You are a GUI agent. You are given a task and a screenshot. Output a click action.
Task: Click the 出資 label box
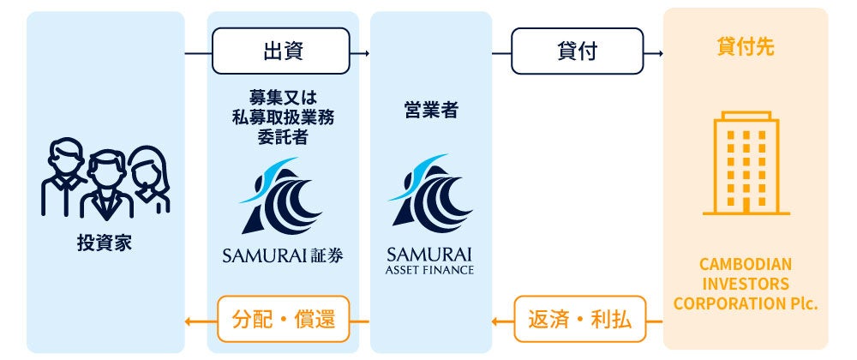pos(281,51)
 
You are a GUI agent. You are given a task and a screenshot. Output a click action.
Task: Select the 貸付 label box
pos(577,51)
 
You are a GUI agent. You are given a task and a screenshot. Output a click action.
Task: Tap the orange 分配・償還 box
pos(283,321)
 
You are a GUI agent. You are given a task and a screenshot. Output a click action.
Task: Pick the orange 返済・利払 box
pos(578,321)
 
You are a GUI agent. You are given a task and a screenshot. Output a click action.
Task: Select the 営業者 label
pos(430,110)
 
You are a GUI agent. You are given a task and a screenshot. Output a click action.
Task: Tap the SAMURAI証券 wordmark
pos(282,255)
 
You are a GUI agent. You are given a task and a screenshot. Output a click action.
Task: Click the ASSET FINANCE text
pos(430,269)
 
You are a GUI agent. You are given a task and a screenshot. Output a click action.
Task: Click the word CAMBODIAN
pos(746,264)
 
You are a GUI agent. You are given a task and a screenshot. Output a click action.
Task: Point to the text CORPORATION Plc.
pos(746,303)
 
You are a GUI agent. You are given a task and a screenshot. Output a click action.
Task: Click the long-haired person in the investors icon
pos(150,176)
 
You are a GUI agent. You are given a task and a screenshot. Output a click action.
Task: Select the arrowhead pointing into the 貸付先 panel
pos(660,53)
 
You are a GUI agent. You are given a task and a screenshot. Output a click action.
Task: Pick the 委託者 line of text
pos(283,137)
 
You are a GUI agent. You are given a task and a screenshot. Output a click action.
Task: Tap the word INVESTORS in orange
pos(746,283)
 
